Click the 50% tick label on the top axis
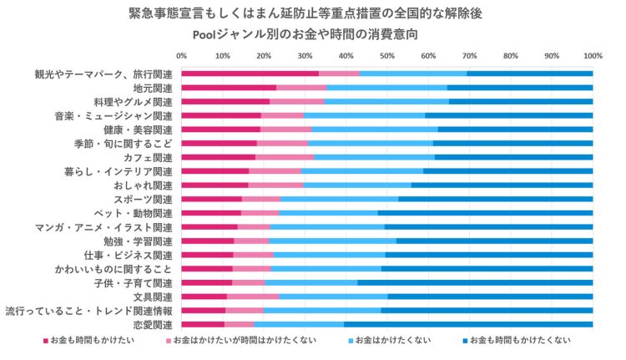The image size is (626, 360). point(386,56)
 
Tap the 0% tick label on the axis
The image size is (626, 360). point(181,56)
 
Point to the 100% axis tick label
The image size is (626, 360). point(592,56)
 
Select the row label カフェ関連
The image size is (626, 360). point(151,157)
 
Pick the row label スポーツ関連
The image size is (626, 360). point(147,199)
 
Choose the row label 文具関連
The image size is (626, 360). point(151,297)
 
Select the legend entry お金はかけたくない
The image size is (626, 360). point(392,341)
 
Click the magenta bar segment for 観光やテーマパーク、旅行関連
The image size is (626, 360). point(250,74)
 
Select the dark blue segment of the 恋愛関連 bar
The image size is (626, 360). point(468,325)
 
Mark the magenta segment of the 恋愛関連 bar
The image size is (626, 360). point(203,325)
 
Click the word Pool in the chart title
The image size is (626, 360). point(206,35)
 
